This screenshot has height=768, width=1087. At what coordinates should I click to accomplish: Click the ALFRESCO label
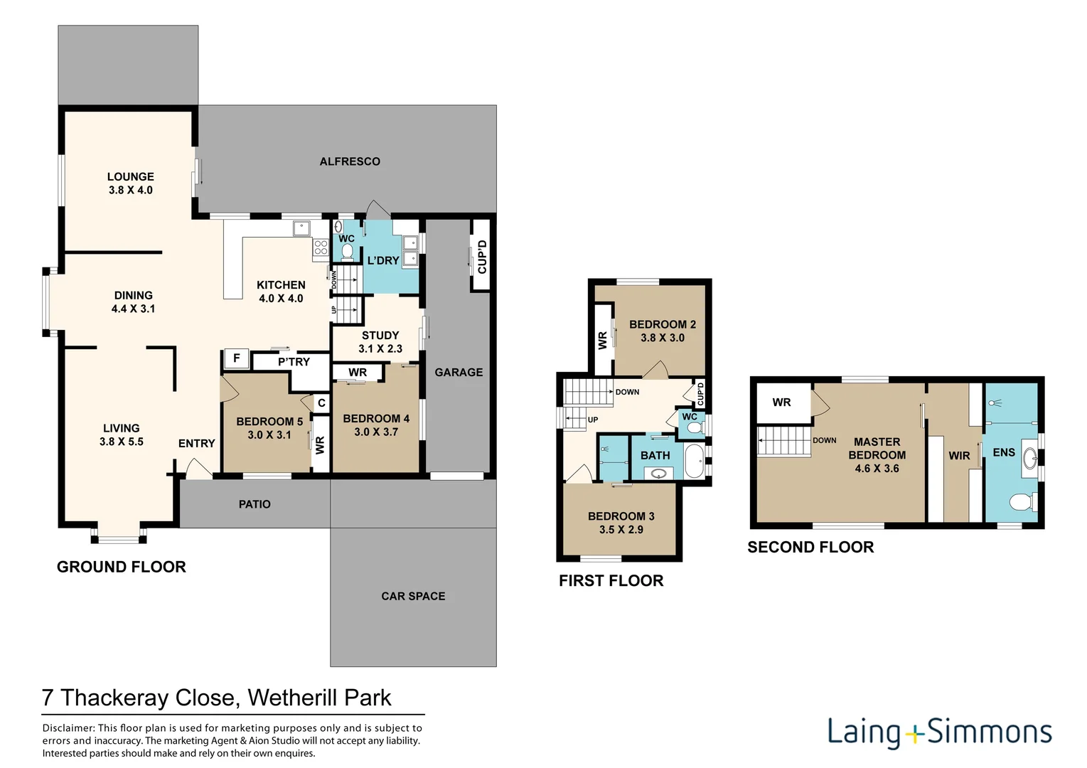click(349, 161)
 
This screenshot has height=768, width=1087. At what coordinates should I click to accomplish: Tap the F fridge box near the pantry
click(236, 359)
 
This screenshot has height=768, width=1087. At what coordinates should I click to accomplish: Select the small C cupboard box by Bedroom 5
click(321, 403)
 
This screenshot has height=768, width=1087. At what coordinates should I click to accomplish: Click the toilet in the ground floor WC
click(346, 251)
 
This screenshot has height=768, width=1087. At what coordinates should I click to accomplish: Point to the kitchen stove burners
click(321, 247)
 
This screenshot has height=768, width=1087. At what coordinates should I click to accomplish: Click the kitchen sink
click(302, 228)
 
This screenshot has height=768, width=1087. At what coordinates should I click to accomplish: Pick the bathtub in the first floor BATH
click(694, 461)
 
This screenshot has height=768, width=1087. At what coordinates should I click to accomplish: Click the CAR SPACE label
click(413, 596)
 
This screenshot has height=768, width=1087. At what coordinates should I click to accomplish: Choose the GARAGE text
click(459, 373)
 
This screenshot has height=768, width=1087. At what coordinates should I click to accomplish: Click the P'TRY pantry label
click(294, 362)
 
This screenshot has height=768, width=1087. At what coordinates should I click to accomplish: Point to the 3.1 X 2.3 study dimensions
click(380, 348)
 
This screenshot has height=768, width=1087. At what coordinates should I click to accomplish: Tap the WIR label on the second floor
click(959, 455)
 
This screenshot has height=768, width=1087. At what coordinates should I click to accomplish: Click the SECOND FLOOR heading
click(810, 547)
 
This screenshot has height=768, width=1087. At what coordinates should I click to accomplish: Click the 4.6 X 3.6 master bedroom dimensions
click(877, 469)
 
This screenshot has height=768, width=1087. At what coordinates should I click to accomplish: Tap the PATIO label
click(255, 504)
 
